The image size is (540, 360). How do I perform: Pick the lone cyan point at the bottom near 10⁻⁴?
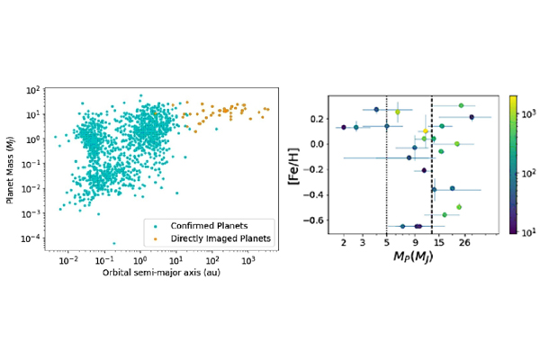113,243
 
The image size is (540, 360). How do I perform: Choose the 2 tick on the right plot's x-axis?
344,243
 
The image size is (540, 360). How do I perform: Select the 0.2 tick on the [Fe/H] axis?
319,118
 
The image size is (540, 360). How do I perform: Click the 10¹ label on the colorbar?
527,230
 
